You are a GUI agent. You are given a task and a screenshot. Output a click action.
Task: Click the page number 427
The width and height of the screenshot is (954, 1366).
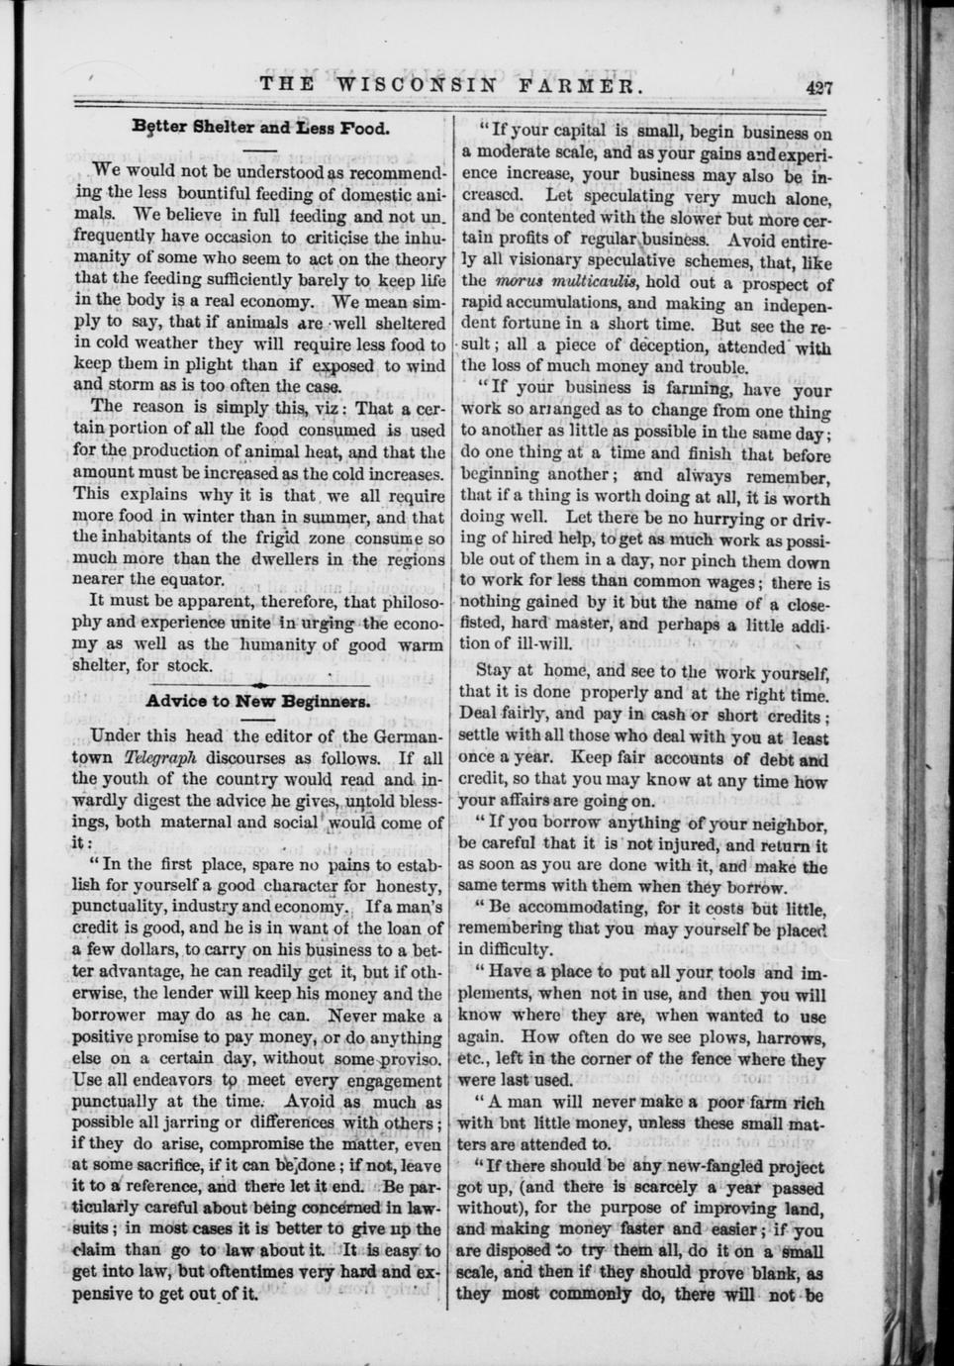tap(819, 86)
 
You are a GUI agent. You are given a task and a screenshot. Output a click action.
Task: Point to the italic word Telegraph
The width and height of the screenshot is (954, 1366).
tap(161, 757)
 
